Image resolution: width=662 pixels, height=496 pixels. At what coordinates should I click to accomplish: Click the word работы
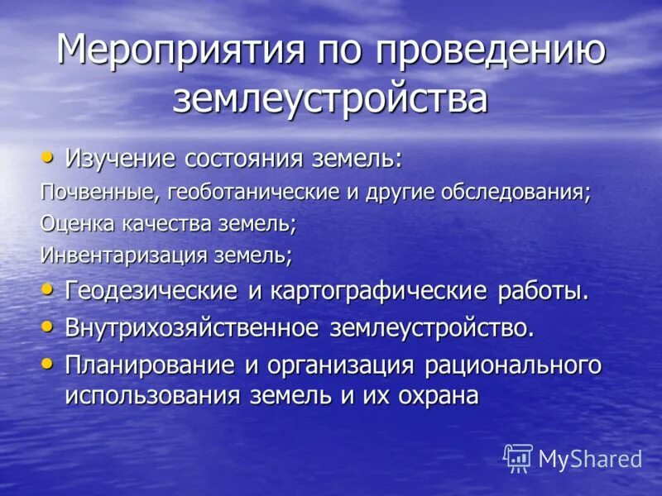point(543,291)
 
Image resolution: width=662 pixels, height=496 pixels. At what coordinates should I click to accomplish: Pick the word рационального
point(513,365)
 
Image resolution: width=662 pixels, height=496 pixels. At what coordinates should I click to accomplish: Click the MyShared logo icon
point(518,457)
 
